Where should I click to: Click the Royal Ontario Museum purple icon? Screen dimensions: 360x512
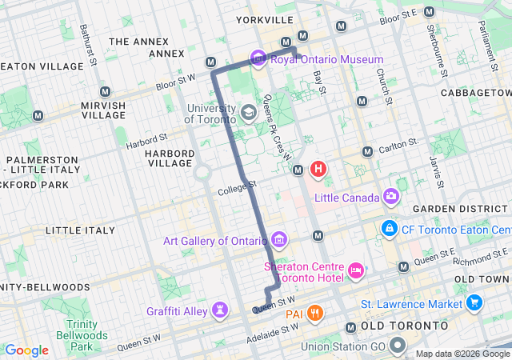click(x=258, y=58)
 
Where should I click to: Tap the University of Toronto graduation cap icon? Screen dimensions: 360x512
click(x=248, y=112)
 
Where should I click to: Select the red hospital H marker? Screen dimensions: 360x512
click(x=318, y=169)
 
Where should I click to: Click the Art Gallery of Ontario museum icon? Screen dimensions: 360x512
click(x=278, y=239)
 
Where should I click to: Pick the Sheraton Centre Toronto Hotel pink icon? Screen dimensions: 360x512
click(x=356, y=273)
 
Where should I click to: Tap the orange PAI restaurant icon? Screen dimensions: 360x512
click(x=316, y=313)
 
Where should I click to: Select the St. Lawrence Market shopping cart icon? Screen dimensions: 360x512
click(x=474, y=304)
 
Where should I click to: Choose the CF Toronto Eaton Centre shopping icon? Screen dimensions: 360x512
click(x=390, y=228)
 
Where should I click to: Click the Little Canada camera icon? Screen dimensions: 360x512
click(x=390, y=196)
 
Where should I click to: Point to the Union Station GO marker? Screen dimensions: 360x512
click(x=398, y=346)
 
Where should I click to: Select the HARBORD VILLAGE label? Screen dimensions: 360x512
click(x=170, y=158)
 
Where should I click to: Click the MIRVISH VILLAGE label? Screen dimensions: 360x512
click(x=103, y=110)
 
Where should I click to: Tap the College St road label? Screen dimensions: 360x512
click(x=236, y=190)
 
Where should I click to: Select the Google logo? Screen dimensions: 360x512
click(x=27, y=350)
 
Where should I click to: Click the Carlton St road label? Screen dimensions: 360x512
click(x=400, y=146)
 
